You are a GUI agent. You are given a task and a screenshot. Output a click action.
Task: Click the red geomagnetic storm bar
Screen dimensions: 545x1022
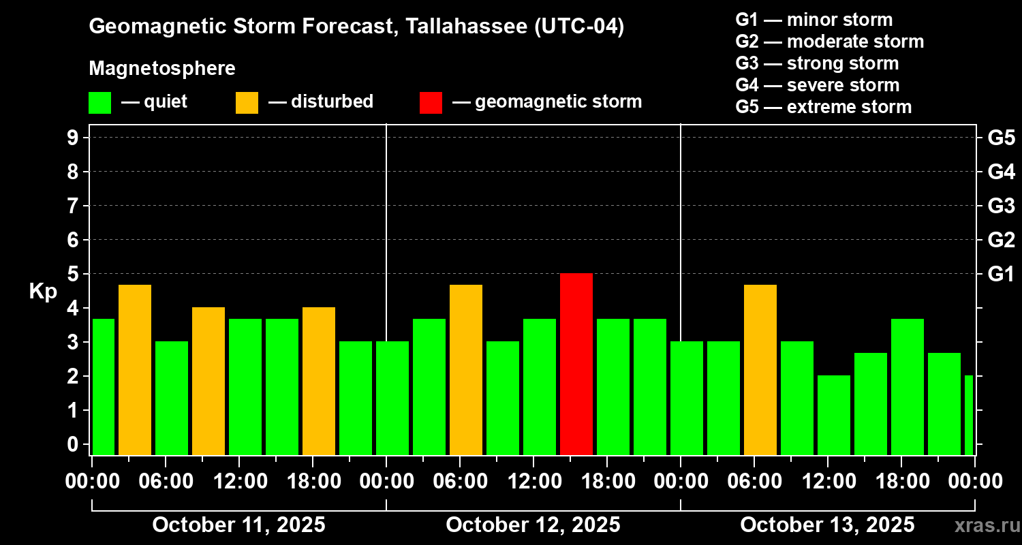pos(576,364)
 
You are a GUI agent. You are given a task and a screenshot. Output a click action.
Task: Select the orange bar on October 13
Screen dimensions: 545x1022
pos(760,369)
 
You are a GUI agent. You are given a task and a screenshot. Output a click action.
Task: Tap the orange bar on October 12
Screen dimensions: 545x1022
pos(466,369)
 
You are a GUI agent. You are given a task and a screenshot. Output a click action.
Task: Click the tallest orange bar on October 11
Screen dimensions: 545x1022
pos(135,369)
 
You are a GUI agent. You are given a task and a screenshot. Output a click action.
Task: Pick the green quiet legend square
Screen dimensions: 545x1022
pos(99,103)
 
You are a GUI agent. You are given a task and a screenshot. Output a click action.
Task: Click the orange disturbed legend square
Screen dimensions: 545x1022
pos(247,103)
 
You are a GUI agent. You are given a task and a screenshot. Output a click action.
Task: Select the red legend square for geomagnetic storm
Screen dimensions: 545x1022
pos(431,103)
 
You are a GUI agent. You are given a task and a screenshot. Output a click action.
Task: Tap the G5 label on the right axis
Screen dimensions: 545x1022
pos(1001,138)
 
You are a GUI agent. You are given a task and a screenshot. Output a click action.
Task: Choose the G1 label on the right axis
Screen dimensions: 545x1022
pos(1001,275)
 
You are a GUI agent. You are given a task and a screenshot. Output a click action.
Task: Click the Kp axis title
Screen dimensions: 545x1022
pos(43,292)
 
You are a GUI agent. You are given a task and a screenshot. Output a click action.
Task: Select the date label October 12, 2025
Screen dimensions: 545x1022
pos(533,525)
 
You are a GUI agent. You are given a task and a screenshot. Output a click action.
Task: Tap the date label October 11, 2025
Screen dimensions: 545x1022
pos(238,525)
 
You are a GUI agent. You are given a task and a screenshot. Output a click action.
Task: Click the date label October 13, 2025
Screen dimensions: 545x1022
pos(827,525)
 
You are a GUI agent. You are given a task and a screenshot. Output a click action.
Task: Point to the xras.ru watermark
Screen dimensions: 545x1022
pos(982,525)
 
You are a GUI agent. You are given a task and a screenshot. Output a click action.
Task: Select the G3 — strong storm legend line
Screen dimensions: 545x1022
pos(817,63)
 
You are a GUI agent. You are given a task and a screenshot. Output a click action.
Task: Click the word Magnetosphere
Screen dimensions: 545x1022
pos(162,69)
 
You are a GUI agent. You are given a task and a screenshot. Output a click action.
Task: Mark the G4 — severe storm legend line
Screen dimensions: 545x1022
pos(818,85)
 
